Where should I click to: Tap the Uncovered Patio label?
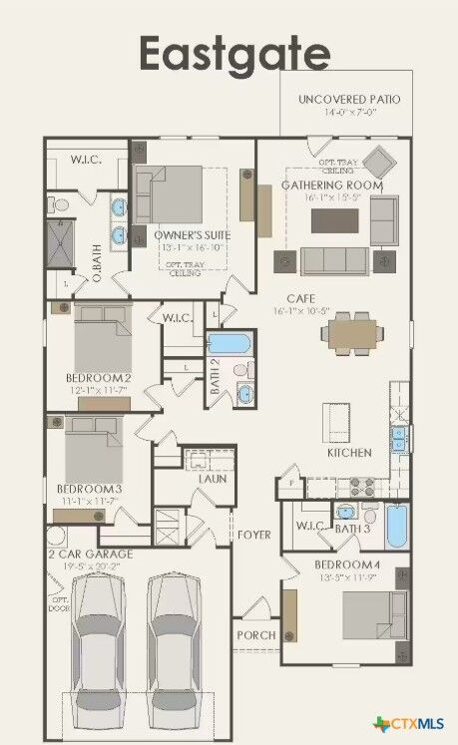[x=348, y=100]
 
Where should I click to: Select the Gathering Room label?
[x=331, y=185]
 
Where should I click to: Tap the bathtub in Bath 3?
[x=396, y=527]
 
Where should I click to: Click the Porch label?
[x=255, y=635]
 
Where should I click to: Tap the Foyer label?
[x=253, y=536]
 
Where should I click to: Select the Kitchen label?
[x=349, y=453]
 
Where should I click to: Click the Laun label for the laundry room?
[x=212, y=479]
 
